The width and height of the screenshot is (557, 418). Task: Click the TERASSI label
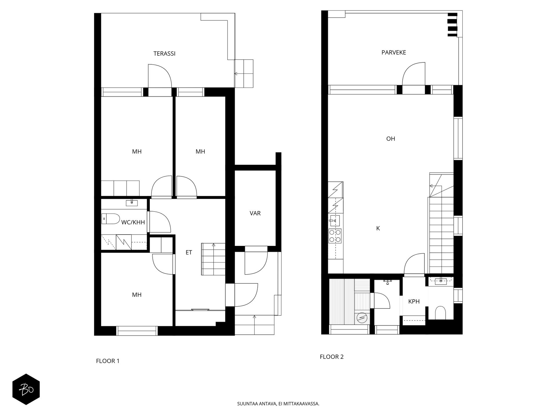click(x=164, y=54)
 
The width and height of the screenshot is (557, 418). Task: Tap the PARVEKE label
click(x=394, y=53)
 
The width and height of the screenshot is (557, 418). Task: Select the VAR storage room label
click(x=255, y=213)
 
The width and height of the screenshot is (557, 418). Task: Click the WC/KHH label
click(x=133, y=222)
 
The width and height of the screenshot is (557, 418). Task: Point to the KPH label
click(x=414, y=302)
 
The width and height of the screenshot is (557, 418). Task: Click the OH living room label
click(x=391, y=139)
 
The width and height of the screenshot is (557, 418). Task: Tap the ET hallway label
click(x=189, y=253)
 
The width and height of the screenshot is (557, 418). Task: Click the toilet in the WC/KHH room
click(x=111, y=219)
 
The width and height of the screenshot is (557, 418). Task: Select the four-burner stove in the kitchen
click(x=335, y=236)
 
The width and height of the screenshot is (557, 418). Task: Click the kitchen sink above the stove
click(x=335, y=221)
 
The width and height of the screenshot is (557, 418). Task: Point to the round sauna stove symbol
click(x=362, y=318)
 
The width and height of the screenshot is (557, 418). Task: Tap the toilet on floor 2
click(x=441, y=312)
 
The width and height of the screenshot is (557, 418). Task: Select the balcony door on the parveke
click(x=414, y=74)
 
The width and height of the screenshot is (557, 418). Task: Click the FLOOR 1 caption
click(x=108, y=361)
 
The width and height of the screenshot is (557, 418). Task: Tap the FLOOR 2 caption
click(x=332, y=357)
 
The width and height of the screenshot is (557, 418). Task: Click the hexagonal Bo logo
click(x=26, y=389)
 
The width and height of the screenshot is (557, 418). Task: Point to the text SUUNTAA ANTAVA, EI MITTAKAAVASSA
click(x=278, y=404)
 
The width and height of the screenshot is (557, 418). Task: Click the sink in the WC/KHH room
click(x=132, y=203)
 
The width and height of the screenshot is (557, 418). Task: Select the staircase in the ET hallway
click(x=213, y=259)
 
